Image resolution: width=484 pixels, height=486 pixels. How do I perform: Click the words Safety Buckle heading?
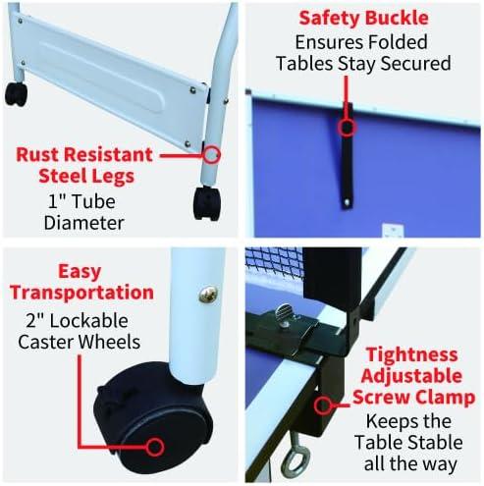click(364, 17)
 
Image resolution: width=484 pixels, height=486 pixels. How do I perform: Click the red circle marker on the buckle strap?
click(345, 126)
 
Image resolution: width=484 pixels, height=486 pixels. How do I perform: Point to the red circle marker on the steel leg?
click(212, 154)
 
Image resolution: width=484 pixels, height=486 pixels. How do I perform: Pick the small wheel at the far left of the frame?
click(15, 94)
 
